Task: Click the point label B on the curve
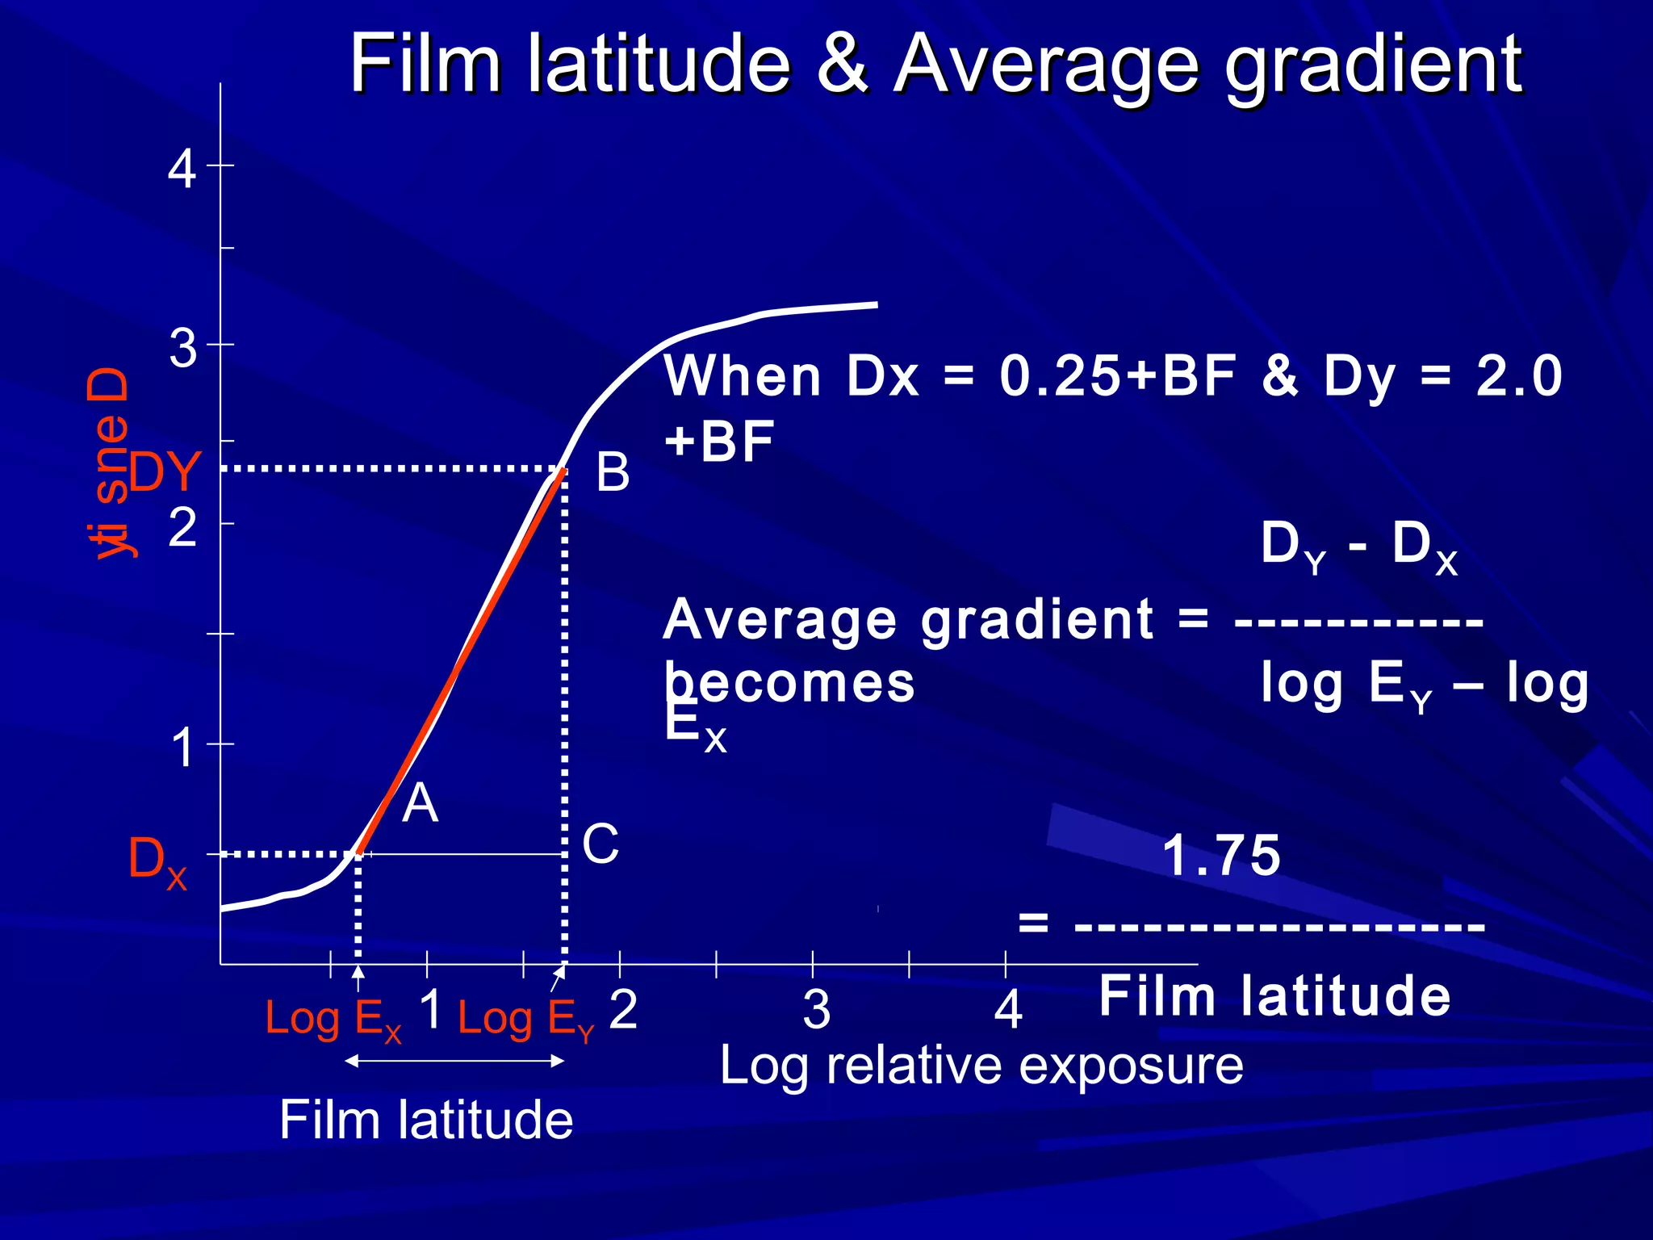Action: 613,472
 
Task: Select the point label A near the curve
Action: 420,804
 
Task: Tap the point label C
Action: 601,844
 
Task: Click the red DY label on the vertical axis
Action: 165,471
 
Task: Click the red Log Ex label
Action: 333,1019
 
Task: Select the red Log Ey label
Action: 525,1019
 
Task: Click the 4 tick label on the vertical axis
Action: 182,170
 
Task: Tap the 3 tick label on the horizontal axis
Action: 816,1009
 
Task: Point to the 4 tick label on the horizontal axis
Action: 1008,1009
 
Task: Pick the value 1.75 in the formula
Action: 1220,856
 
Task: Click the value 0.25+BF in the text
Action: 1118,376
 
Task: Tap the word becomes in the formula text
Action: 789,683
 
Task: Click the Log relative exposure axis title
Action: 981,1066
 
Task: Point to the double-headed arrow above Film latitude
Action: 454,1062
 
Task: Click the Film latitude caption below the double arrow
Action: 426,1121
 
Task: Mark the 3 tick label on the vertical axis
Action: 182,349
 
